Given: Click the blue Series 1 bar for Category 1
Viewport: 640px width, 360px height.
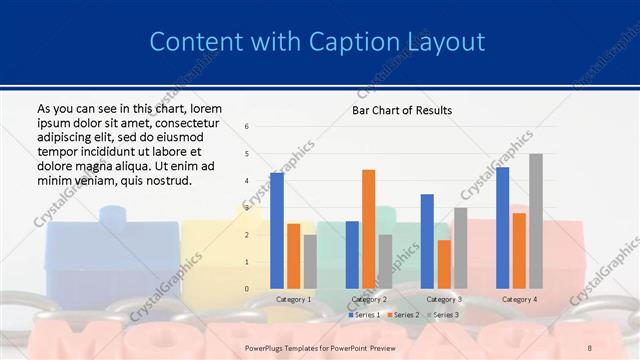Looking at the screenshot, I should [x=276, y=230].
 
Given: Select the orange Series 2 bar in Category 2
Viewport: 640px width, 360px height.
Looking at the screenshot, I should [x=368, y=229].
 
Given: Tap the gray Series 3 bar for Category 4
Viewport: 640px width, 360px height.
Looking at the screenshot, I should [x=536, y=221].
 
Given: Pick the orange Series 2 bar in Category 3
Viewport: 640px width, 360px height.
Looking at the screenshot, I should [x=444, y=264].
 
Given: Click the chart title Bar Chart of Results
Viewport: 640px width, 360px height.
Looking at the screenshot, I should [x=402, y=110].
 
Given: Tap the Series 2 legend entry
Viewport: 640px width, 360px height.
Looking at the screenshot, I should [x=402, y=315].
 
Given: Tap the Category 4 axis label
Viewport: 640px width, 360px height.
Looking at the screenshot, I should [x=518, y=299].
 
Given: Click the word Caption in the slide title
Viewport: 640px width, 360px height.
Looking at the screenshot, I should [x=350, y=42].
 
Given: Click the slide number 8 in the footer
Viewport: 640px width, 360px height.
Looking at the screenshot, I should [x=590, y=347].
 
